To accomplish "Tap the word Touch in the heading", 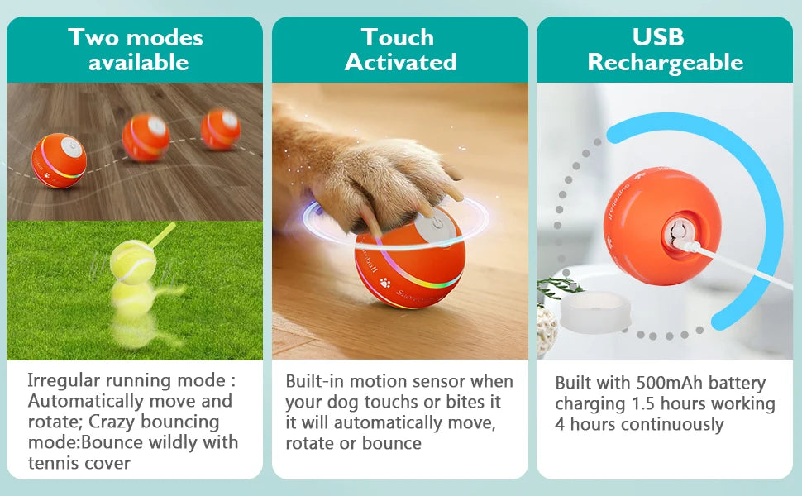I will click(397, 37).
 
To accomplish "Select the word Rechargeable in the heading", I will click(665, 63).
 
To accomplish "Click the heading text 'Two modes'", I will click(136, 37).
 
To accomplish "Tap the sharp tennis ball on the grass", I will click(132, 260).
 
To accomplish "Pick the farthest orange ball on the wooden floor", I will click(220, 129).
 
